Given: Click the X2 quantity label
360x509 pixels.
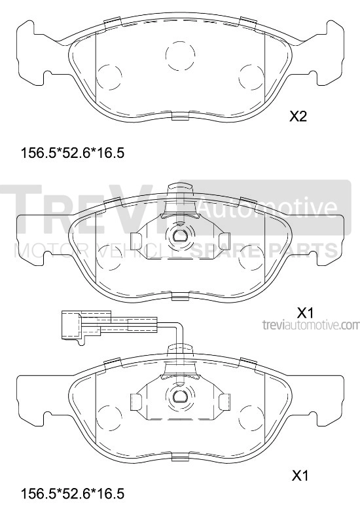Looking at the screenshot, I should tap(298, 117).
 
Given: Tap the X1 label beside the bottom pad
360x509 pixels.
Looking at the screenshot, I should tap(300, 474).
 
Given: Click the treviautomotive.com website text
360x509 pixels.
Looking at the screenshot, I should tap(310, 325).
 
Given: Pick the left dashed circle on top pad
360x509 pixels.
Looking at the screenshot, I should tap(109, 77).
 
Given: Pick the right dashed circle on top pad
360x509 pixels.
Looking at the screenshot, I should tap(250, 77).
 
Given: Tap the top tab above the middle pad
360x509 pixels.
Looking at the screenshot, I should tap(178, 191).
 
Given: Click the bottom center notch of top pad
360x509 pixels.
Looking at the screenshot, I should tap(179, 117).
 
